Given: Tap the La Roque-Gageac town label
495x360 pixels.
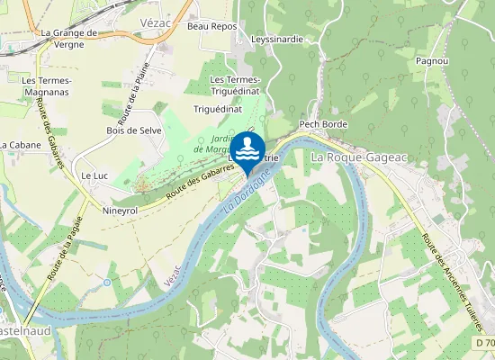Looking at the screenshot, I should pyautogui.click(x=359, y=157).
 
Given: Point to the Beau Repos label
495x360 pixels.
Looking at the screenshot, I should pyautogui.click(x=211, y=27).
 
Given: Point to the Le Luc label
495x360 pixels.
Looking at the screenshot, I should pyautogui.click(x=94, y=175).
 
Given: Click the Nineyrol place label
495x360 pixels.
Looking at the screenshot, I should pyautogui.click(x=120, y=211).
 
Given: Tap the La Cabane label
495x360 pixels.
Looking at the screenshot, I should pyautogui.click(x=21, y=144).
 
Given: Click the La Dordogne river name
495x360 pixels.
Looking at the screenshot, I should pyautogui.click(x=255, y=190).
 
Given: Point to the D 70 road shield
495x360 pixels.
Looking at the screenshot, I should pyautogui.click(x=483, y=343).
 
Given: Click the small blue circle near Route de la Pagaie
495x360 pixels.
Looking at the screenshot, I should pyautogui.click(x=107, y=283).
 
